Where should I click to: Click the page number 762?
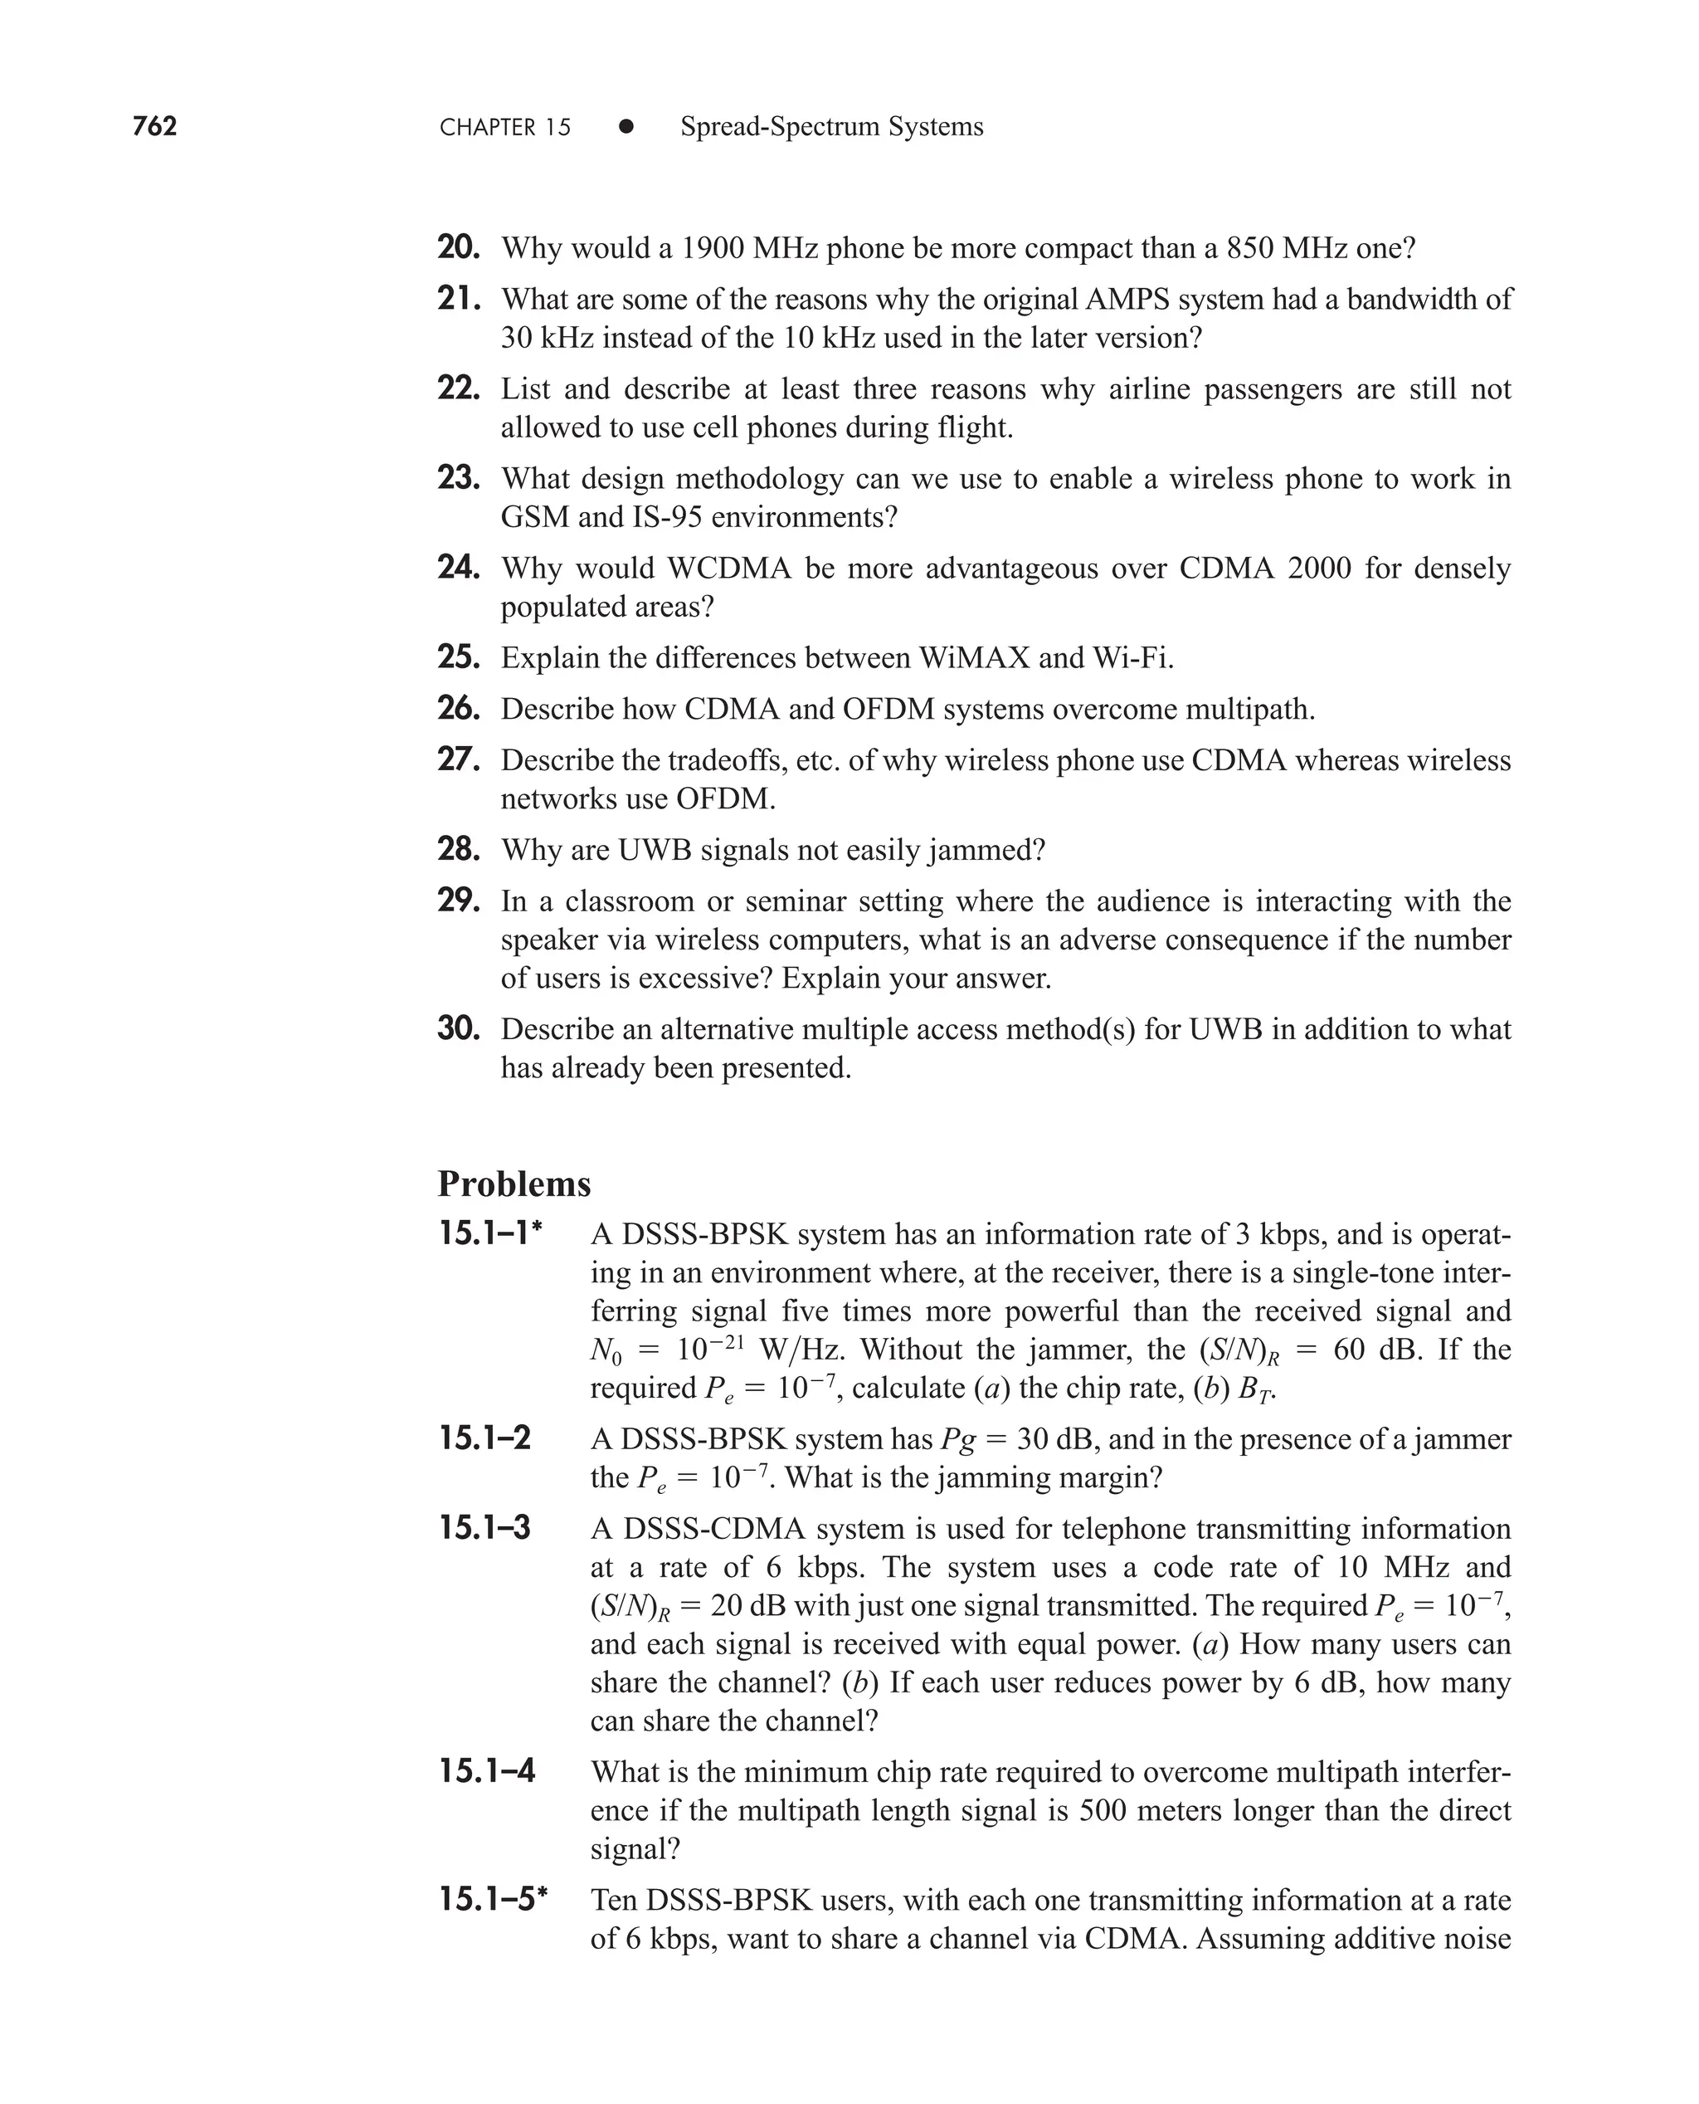154,126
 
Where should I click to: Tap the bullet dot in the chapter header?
626,127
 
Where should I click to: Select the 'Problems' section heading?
514,1184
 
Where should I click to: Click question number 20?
458,247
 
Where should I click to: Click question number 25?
458,657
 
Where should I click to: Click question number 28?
458,849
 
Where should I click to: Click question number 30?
458,1029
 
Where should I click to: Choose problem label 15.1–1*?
491,1233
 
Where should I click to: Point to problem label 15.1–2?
485,1438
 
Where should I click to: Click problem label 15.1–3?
485,1528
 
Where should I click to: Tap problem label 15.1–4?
486,1771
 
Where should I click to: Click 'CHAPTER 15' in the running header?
505,127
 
